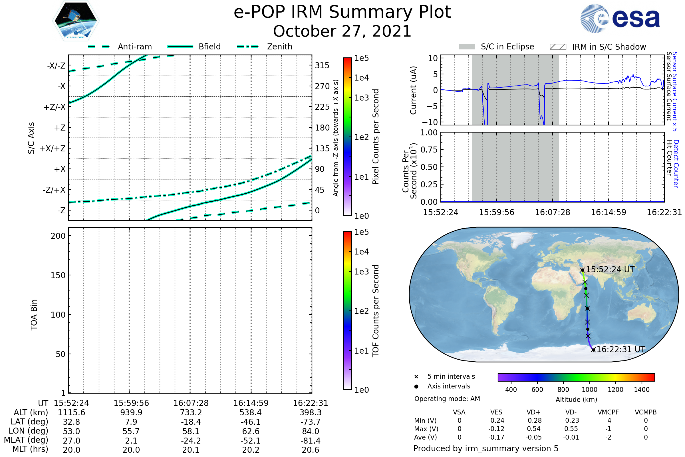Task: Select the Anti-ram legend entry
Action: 134,47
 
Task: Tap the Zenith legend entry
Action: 279,47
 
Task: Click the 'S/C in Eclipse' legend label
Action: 507,47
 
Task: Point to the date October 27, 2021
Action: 342,31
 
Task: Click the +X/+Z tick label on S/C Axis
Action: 53,149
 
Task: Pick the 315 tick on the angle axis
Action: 322,65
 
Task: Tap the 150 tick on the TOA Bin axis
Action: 58,275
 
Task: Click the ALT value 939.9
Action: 131,412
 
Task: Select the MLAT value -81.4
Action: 310,441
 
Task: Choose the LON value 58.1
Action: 191,431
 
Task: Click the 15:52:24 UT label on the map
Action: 610,269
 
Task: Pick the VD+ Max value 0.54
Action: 533,429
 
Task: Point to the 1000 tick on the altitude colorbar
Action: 589,390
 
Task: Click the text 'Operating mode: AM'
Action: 447,399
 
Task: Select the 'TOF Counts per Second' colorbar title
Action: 376,311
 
